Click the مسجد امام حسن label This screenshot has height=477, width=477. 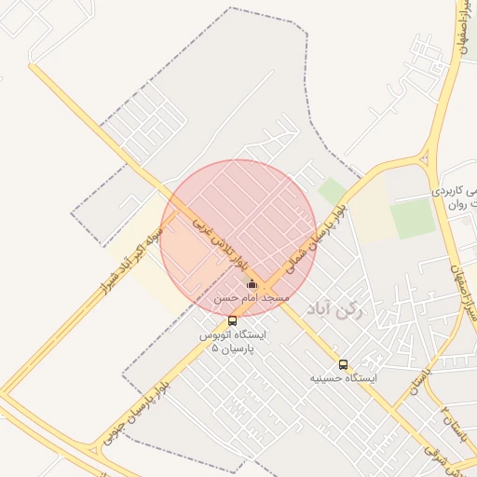[x=252, y=297]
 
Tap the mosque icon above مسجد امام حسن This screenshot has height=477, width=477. [x=252, y=284]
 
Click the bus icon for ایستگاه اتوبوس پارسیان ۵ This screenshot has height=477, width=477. [x=232, y=321]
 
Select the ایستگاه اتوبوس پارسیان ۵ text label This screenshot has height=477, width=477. [x=232, y=340]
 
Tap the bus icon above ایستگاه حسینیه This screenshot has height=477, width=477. [x=343, y=364]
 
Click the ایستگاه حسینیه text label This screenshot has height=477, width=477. [x=344, y=378]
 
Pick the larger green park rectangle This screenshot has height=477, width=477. [x=413, y=219]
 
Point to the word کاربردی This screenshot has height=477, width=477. [x=455, y=191]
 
